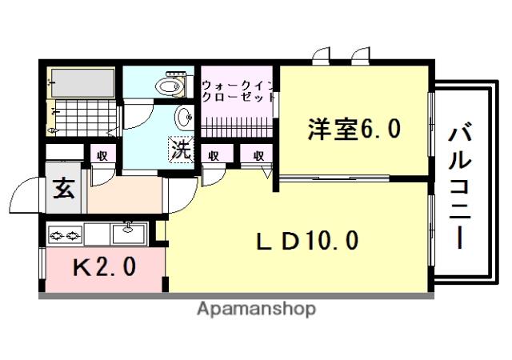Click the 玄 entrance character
coord(63,190)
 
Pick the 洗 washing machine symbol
coord(181,149)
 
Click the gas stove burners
coord(65,235)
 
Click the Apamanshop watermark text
coord(256,309)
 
